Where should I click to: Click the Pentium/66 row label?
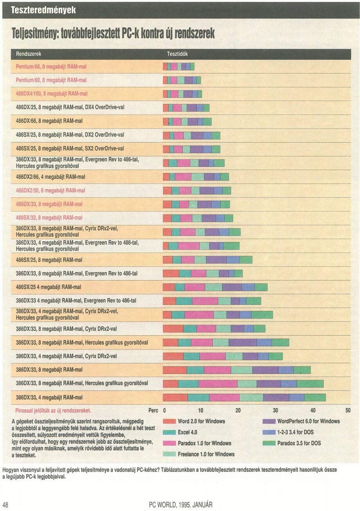click(51, 66)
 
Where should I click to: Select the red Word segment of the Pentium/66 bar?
click(165, 66)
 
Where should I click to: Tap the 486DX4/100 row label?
click(52, 93)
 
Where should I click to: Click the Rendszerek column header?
click(29, 54)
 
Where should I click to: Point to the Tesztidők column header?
click(177, 54)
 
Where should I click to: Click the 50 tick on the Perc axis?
click(348, 411)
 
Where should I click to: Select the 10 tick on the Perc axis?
click(200, 411)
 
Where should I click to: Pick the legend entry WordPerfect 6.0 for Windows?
click(308, 421)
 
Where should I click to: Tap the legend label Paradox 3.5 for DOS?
click(300, 443)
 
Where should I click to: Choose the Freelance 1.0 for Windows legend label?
click(206, 454)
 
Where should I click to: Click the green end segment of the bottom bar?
click(315, 398)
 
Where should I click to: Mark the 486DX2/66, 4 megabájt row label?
click(50, 177)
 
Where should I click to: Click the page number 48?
click(5, 505)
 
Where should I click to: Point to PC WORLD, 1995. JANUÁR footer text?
click(181, 505)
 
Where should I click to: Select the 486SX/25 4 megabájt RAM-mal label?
click(49, 287)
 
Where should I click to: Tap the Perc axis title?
click(153, 411)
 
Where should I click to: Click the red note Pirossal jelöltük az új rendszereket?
click(53, 411)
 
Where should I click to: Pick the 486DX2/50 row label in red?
click(50, 190)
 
